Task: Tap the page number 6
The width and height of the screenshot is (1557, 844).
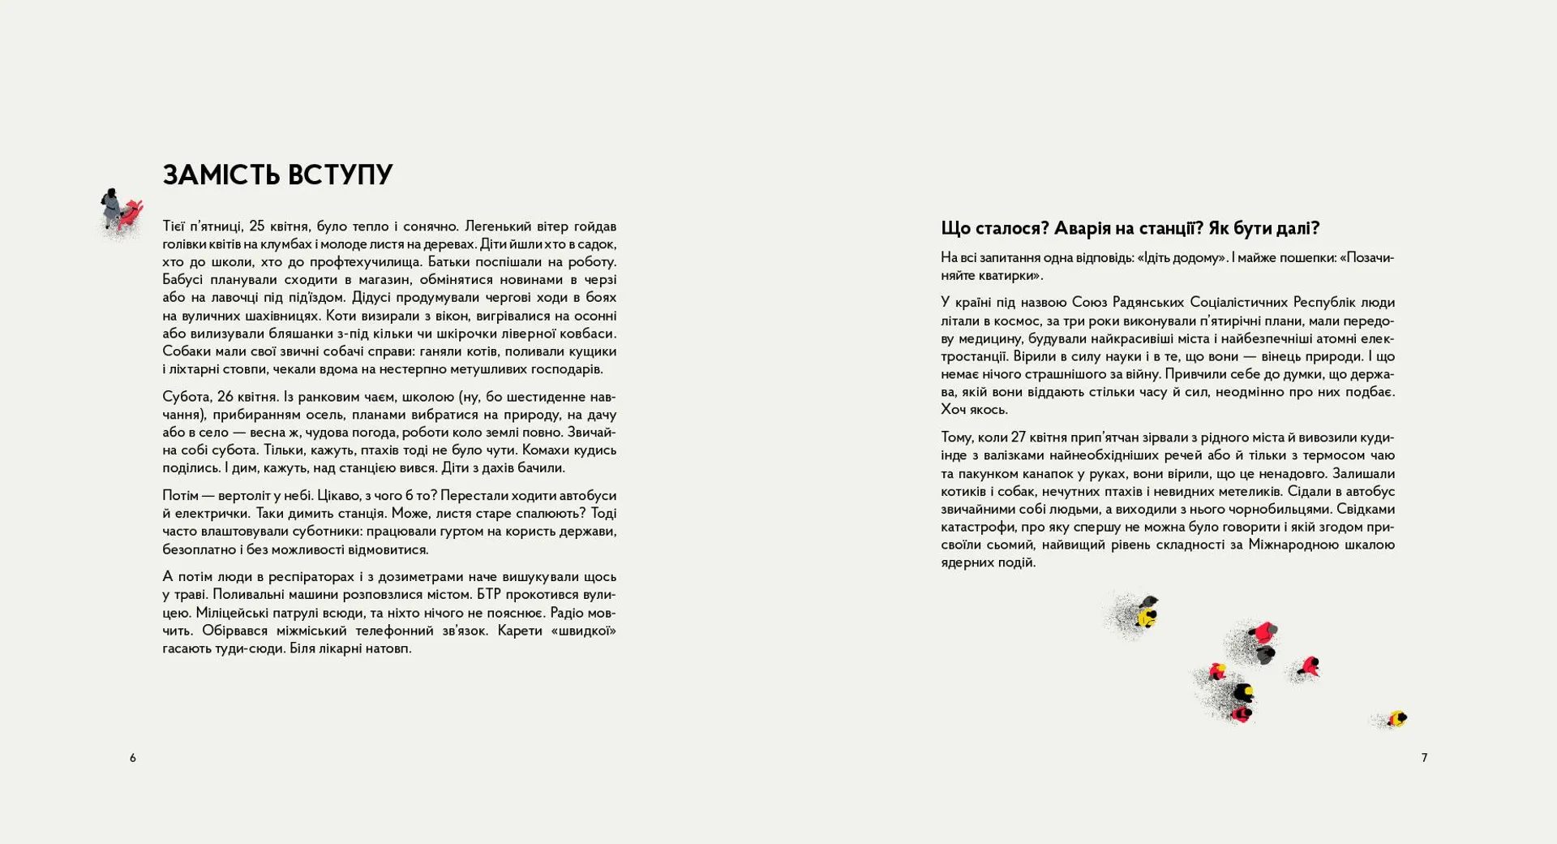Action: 133,758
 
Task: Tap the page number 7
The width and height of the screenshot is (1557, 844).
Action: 1424,758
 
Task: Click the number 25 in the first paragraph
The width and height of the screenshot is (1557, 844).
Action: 256,226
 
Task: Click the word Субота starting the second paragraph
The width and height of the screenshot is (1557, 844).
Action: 185,397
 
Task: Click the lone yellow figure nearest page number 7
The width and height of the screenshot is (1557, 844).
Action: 1396,718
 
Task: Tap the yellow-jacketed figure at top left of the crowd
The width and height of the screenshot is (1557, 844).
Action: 1147,616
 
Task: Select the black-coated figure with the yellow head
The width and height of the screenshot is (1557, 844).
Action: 1242,693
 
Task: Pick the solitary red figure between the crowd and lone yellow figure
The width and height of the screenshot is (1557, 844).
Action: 1308,667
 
